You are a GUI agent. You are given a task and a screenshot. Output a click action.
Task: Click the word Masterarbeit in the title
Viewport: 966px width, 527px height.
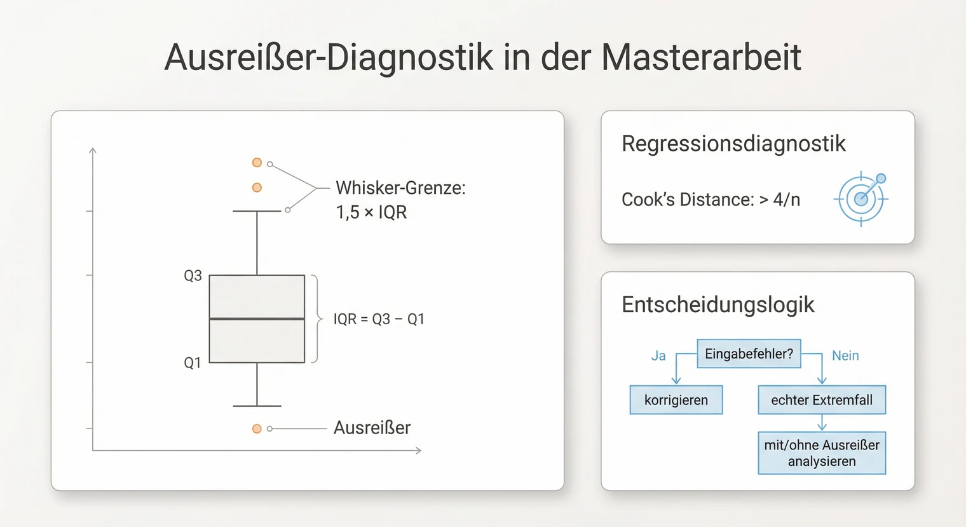point(700,57)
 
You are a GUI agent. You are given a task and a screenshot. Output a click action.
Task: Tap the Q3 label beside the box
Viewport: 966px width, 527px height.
point(193,276)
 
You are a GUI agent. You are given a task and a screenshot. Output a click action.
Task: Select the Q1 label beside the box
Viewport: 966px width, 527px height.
point(192,363)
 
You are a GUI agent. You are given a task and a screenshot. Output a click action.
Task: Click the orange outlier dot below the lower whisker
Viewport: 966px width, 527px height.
point(257,429)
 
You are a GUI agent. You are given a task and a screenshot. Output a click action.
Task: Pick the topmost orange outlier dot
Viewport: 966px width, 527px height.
point(257,163)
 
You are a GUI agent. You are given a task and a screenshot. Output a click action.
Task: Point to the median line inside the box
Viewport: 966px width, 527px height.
point(257,318)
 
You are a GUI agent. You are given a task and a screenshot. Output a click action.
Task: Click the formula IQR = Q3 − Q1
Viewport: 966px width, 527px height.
point(379,319)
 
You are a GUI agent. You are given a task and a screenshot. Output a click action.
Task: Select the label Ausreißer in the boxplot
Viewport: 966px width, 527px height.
point(372,428)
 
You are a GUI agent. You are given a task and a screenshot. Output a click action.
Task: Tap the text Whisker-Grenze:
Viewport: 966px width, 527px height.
point(400,188)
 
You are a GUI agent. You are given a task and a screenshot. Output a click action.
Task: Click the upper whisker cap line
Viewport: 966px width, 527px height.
point(257,211)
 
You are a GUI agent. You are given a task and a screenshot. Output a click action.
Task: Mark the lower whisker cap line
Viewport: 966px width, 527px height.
point(257,406)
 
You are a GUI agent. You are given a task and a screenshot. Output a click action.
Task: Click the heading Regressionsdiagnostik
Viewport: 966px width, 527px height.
point(733,144)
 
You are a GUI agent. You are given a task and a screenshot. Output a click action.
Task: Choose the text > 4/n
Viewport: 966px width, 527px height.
point(780,200)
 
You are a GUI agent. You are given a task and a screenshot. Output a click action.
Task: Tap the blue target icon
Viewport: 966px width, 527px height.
point(861,198)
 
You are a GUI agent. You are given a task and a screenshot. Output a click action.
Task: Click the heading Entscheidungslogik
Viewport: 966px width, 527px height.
point(718,305)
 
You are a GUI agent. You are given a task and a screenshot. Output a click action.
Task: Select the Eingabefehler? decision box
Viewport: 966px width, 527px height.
point(749,354)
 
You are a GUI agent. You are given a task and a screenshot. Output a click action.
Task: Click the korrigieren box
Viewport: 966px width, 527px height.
point(676,400)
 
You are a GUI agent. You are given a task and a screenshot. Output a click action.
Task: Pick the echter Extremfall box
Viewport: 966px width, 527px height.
point(822,400)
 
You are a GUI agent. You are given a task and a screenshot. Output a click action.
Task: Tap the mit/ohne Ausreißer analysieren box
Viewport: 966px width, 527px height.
point(822,453)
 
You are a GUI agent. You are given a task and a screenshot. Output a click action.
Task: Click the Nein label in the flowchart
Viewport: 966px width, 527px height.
point(845,356)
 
